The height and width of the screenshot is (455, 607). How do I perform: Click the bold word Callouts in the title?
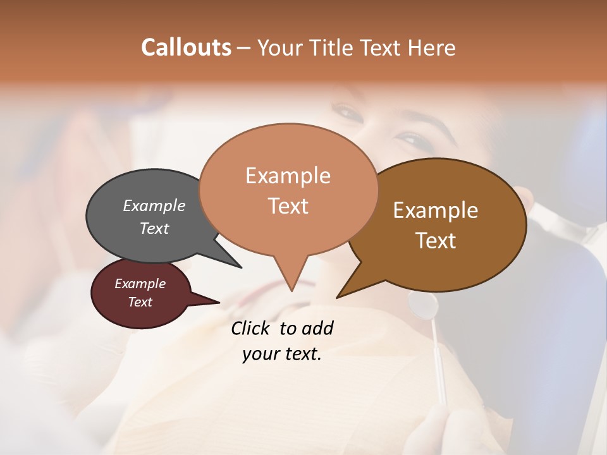click(186, 47)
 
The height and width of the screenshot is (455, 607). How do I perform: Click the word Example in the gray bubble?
click(154, 205)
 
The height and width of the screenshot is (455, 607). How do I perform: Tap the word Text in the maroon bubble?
click(140, 302)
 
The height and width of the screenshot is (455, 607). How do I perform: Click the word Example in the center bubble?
click(288, 176)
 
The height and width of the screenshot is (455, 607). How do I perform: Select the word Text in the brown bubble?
click(436, 241)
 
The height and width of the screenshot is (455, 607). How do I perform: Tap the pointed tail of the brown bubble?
click(350, 288)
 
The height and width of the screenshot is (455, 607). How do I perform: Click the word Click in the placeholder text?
click(250, 328)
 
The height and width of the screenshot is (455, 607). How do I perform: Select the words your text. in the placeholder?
click(282, 355)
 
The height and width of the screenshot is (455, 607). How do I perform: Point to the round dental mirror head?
click(423, 305)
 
